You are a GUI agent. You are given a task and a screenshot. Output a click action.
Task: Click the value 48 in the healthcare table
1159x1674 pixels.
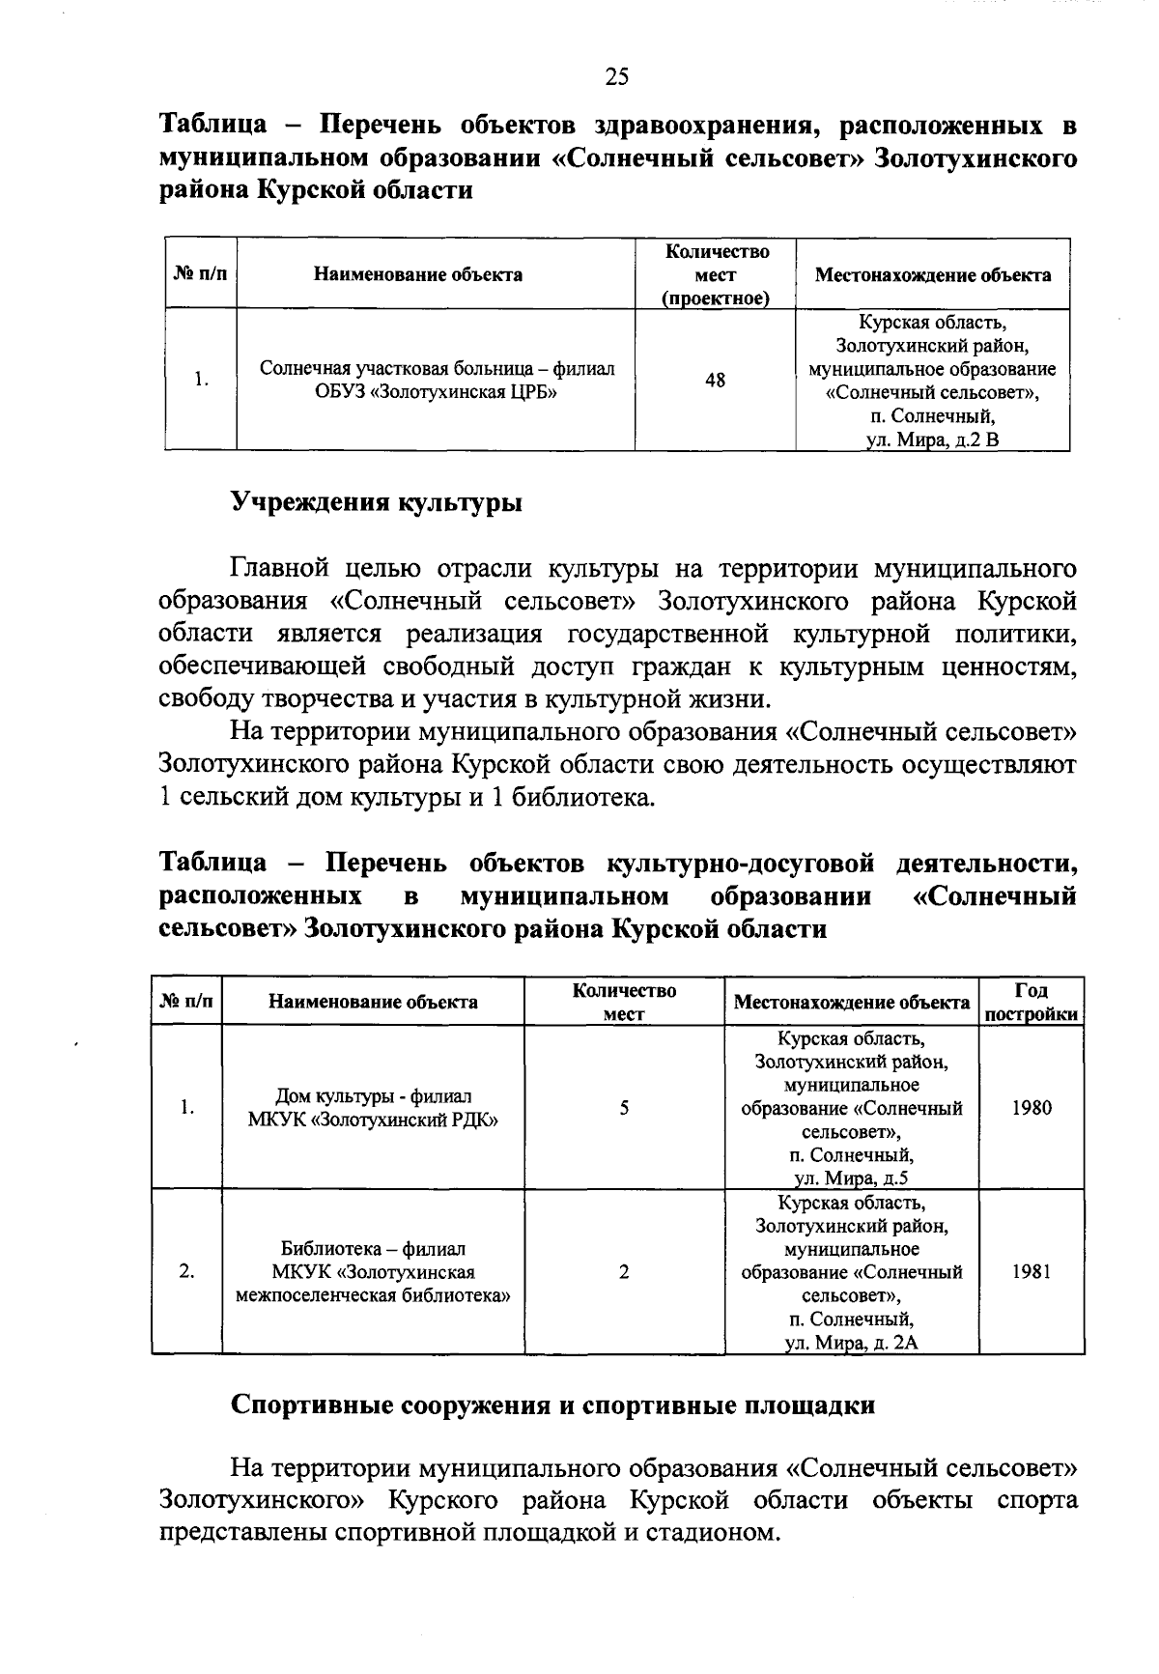tap(715, 381)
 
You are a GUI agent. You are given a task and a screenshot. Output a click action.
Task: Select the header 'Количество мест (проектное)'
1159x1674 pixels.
tap(715, 274)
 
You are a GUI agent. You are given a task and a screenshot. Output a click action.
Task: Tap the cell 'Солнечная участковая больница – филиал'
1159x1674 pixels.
tap(437, 369)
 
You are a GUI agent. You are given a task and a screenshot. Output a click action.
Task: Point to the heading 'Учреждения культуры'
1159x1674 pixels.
tap(377, 503)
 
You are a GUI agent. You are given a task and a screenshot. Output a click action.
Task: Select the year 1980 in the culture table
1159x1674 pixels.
tap(1031, 1108)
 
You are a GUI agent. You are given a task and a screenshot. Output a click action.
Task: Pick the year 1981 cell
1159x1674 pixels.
tap(1031, 1272)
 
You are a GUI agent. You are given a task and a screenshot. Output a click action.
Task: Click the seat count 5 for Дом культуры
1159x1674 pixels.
tap(624, 1108)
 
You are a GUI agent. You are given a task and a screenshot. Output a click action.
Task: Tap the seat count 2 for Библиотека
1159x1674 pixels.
tap(624, 1272)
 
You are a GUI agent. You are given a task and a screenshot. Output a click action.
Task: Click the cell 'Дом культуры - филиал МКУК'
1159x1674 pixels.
tap(373, 1108)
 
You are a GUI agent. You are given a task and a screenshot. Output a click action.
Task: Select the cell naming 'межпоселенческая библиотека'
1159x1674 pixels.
tap(373, 1295)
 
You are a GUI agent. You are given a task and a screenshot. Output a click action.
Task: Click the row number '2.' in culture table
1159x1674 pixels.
tap(187, 1272)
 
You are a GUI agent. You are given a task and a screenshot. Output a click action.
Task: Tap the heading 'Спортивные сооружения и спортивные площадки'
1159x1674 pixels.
tap(552, 1405)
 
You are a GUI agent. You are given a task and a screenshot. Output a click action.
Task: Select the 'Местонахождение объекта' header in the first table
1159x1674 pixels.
tap(932, 274)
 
